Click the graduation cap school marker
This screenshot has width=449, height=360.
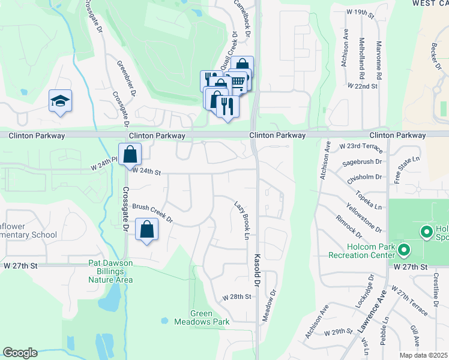click(x=61, y=101)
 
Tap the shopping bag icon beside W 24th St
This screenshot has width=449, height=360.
click(x=130, y=155)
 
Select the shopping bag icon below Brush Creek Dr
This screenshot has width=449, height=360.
click(x=146, y=229)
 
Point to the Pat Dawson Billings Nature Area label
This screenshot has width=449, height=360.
click(x=110, y=271)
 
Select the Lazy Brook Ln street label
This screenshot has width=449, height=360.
click(x=241, y=220)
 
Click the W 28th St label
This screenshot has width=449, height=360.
click(x=235, y=297)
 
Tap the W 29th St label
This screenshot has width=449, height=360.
click(x=337, y=332)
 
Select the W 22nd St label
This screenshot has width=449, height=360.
click(x=363, y=86)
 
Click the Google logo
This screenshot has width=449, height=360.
click(x=20, y=353)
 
